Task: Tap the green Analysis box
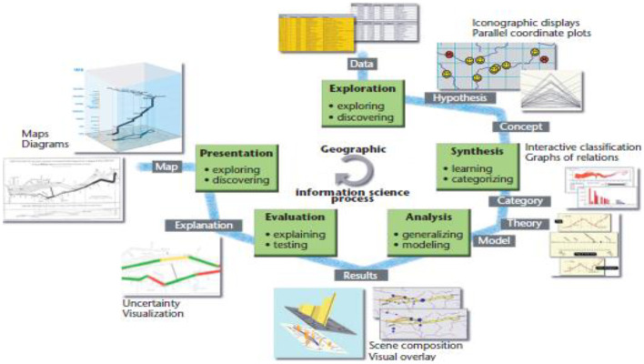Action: pos(425,232)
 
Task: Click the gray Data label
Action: pos(360,64)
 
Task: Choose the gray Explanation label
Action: pos(202,223)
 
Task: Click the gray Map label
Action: pos(165,167)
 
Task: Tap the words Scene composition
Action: pos(415,346)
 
